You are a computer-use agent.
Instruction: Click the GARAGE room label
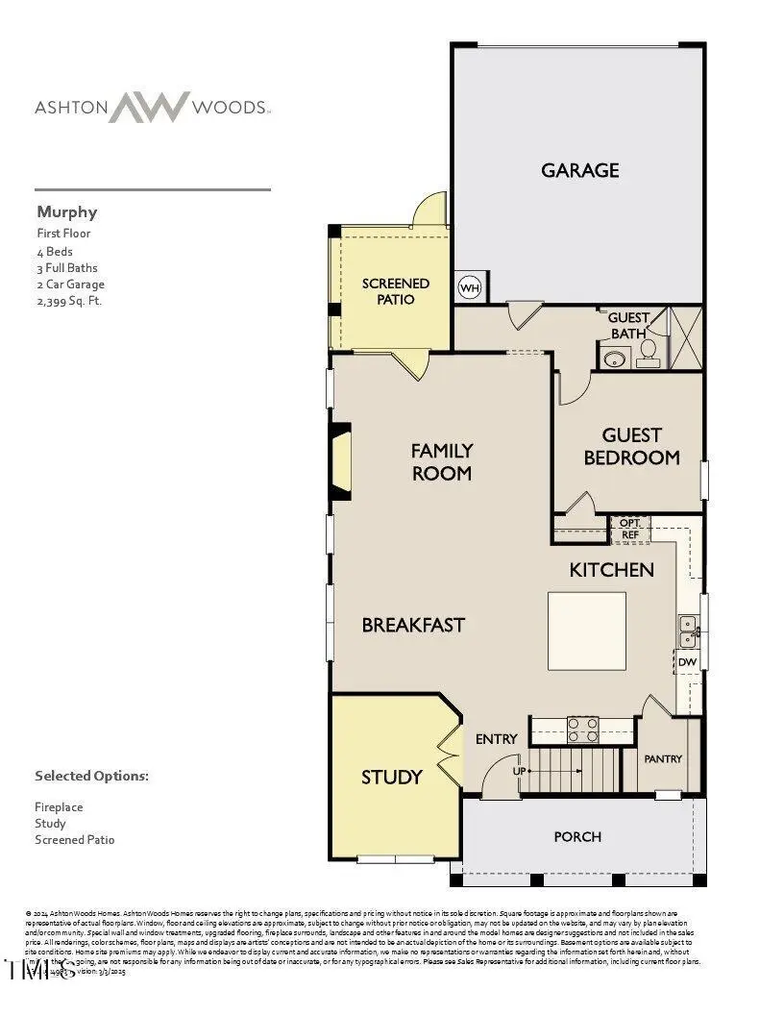tap(579, 170)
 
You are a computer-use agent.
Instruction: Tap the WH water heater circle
tap(470, 287)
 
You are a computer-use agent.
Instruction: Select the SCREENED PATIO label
tap(395, 291)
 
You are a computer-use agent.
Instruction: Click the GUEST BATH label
tap(629, 325)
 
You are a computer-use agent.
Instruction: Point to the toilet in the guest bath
tap(649, 353)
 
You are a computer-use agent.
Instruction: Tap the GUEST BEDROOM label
tap(631, 447)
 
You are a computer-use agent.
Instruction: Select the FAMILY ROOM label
tap(441, 461)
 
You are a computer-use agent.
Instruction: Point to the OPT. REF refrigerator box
tap(630, 529)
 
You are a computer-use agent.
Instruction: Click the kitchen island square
tap(587, 631)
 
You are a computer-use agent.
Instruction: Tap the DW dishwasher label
tap(686, 662)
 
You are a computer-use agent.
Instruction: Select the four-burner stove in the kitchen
tap(582, 730)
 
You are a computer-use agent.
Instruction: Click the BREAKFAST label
tap(413, 625)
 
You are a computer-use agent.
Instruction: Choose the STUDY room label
tap(391, 777)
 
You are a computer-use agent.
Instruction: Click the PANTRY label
tap(663, 758)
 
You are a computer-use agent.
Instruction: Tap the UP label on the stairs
tap(520, 771)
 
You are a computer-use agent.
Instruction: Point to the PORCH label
tap(577, 836)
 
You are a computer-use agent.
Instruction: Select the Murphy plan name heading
tap(66, 211)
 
